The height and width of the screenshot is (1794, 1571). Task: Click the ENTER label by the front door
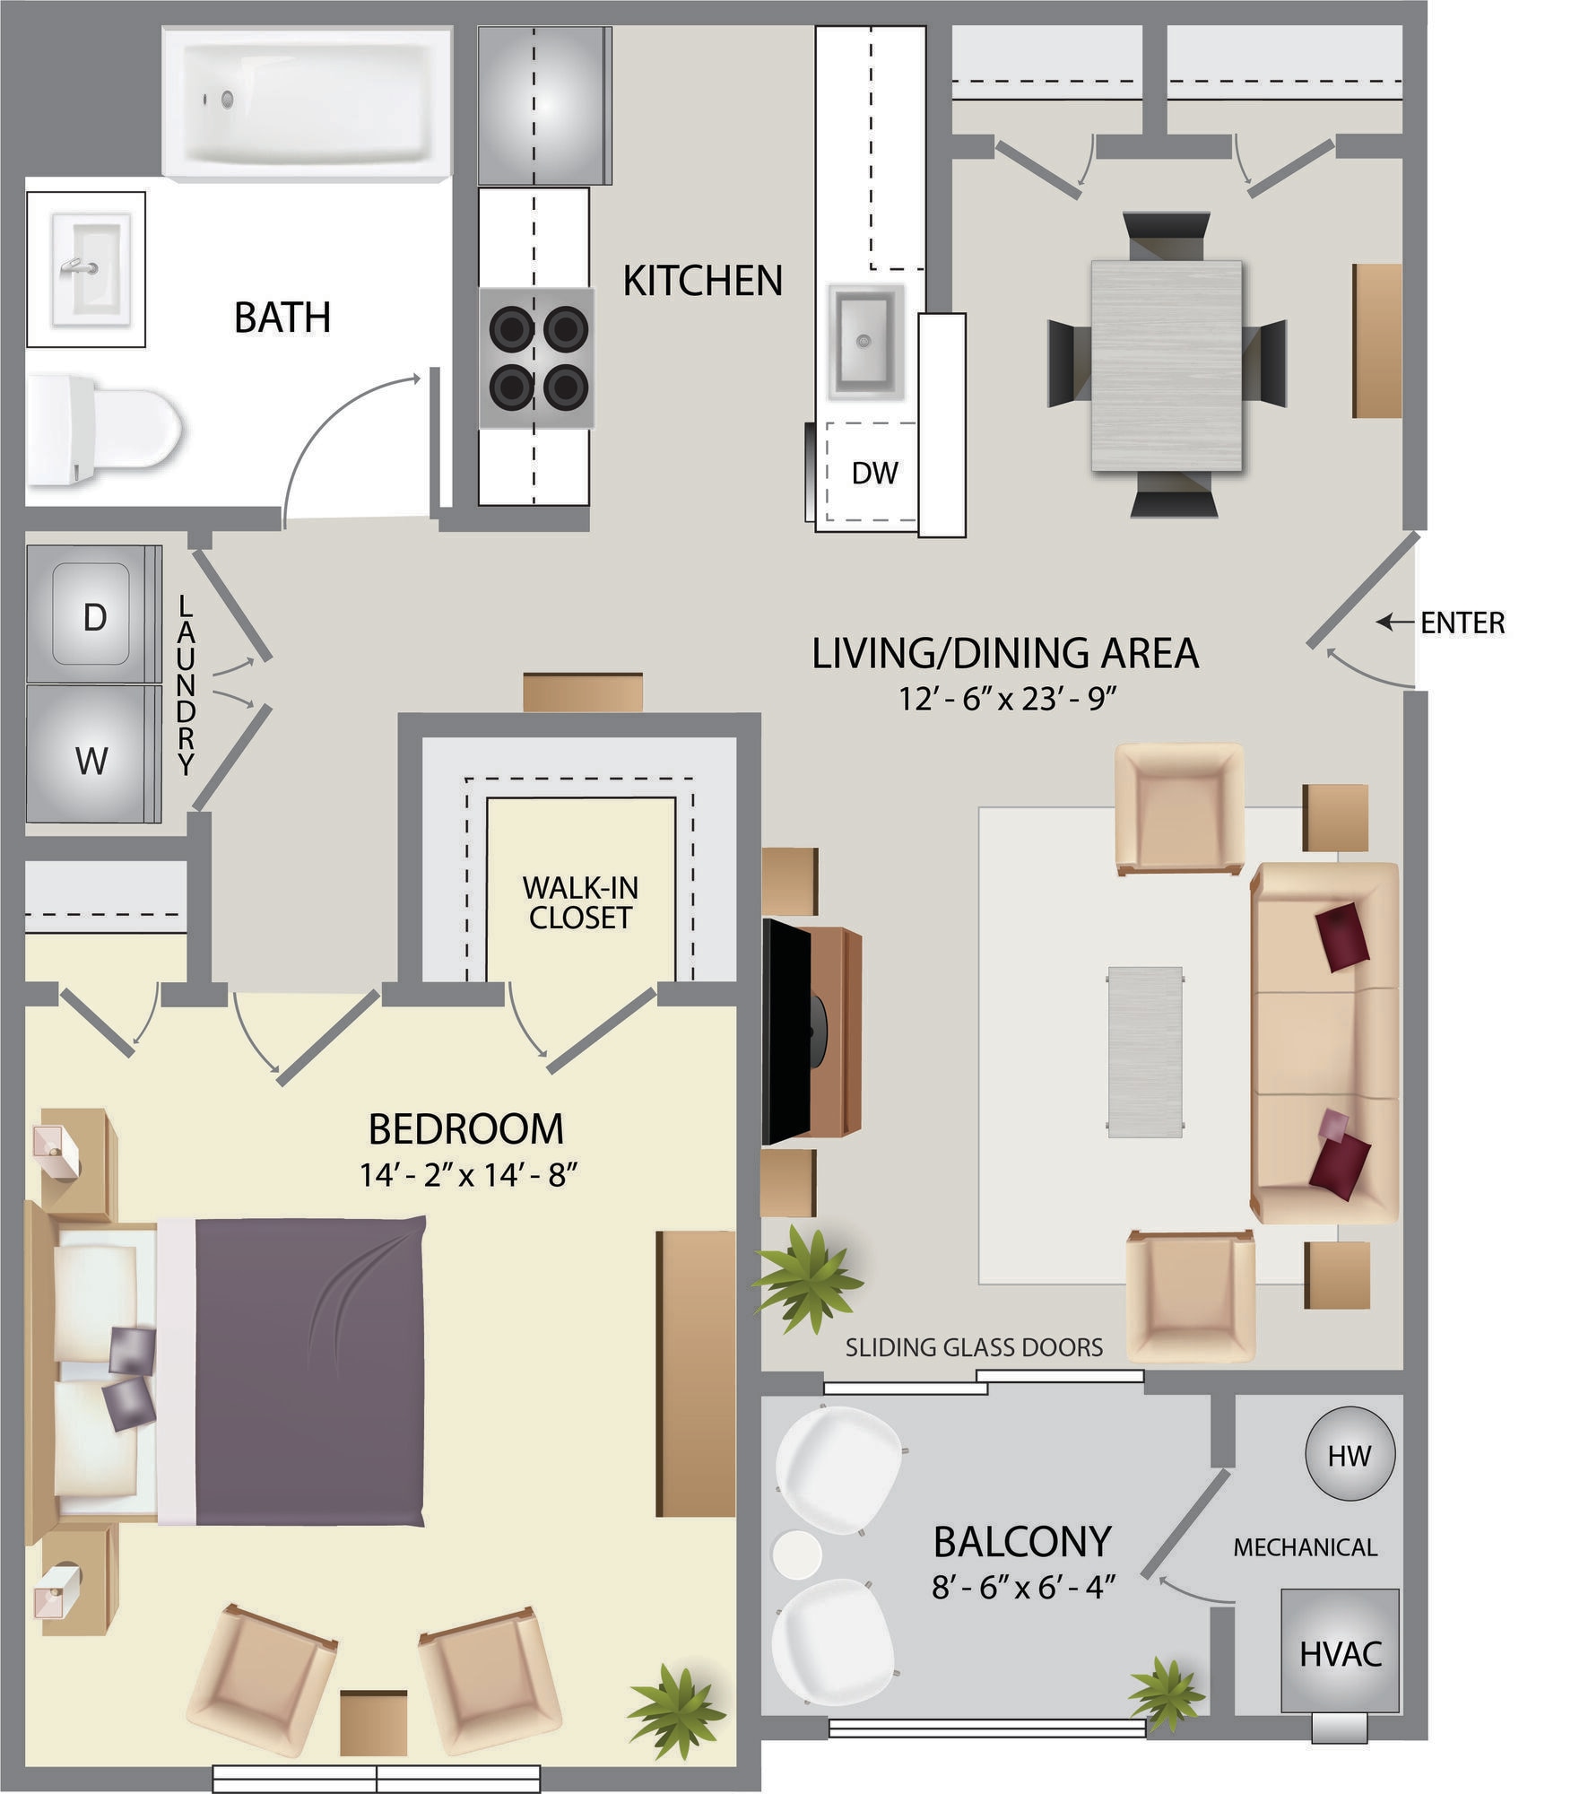[x=1462, y=623]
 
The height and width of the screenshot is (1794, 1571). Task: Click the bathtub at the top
[x=307, y=103]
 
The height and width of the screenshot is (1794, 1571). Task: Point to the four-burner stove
[x=537, y=358]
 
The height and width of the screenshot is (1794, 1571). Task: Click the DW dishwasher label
[x=873, y=473]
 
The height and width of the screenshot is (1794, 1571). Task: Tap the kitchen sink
[x=864, y=341]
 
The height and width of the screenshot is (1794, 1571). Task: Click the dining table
[x=1166, y=365]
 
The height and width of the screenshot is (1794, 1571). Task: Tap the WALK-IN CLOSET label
[x=580, y=902]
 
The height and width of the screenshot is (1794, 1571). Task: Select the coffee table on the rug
[x=1144, y=1052]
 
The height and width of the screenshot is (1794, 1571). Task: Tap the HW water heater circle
[x=1349, y=1455]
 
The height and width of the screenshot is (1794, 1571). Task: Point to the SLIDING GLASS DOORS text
[x=973, y=1347]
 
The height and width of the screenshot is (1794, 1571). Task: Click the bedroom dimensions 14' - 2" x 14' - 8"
[x=466, y=1174]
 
